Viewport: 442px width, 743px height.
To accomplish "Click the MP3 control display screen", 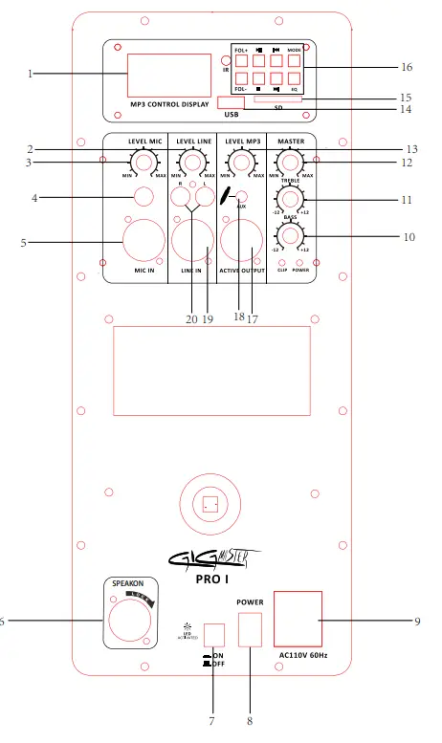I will point(168,75).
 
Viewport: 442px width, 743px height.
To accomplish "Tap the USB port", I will point(230,103).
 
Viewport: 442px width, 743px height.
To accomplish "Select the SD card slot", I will point(278,98).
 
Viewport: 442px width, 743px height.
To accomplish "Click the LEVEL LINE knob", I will point(192,165).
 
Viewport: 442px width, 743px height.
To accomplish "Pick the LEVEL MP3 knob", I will point(241,165).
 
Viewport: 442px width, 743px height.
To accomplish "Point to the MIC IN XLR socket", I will point(142,240).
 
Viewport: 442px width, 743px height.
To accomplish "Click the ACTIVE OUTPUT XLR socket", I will point(241,240).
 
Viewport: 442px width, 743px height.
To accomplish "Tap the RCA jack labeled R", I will point(181,197).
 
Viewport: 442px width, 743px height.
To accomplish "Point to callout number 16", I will point(406,68).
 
